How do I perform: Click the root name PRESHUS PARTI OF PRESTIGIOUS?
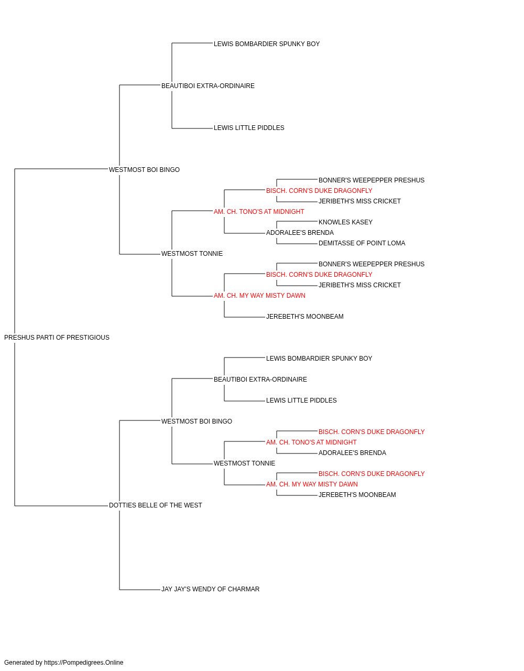click(57, 338)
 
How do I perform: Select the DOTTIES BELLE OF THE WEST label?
click(155, 505)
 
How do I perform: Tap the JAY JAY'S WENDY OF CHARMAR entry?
click(210, 589)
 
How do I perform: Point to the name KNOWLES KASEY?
click(345, 222)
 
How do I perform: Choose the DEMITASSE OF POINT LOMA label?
click(362, 243)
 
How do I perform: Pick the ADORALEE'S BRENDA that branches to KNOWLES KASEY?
click(300, 233)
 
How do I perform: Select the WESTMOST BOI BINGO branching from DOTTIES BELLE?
click(196, 421)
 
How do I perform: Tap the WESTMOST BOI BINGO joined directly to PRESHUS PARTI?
click(144, 170)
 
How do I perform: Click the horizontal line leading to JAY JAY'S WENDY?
click(140, 590)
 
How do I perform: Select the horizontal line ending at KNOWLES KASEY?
click(297, 221)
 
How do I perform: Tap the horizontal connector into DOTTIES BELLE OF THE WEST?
click(61, 506)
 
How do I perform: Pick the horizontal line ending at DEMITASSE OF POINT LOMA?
click(297, 244)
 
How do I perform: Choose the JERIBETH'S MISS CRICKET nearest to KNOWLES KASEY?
click(359, 201)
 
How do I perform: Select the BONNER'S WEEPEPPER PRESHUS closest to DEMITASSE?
click(371, 264)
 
